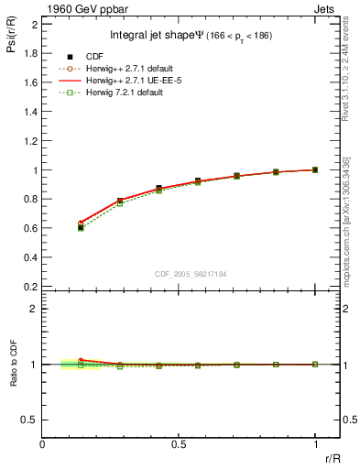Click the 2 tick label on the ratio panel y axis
pos(35,309)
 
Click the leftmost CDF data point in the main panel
pos(81,226)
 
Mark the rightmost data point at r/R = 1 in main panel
pos(315,169)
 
